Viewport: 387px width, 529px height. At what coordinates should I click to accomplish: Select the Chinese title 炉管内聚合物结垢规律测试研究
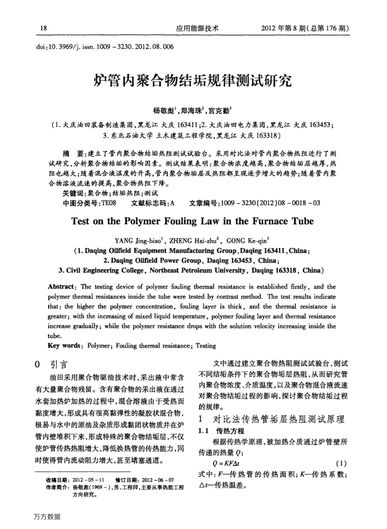pos(193,82)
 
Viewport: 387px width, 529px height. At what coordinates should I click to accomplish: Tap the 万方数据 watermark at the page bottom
pos(46,517)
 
